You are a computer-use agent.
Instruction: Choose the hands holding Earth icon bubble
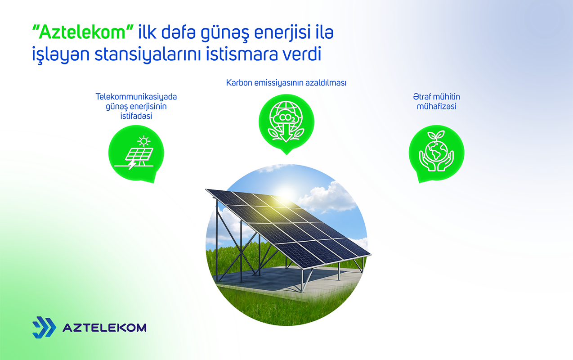[436, 152]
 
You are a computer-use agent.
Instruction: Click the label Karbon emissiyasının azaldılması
[286, 83]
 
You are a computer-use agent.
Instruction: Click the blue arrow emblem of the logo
[44, 327]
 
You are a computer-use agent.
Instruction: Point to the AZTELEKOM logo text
[104, 328]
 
